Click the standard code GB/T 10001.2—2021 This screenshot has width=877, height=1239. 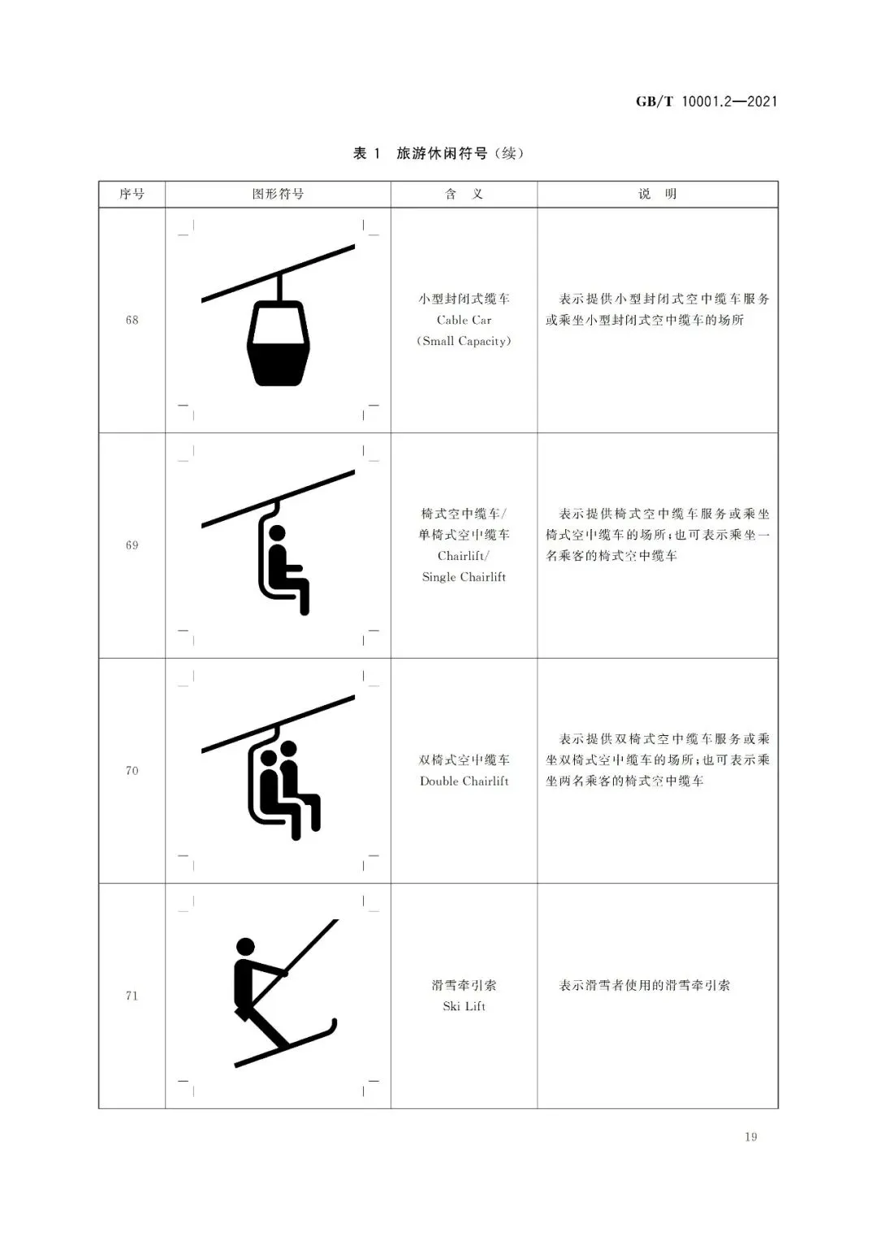click(x=706, y=101)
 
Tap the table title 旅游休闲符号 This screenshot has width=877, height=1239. click(x=442, y=153)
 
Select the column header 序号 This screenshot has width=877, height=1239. click(x=132, y=194)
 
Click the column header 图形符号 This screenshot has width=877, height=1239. click(x=278, y=194)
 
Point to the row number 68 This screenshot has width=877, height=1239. click(x=132, y=321)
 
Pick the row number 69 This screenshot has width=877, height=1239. click(x=132, y=545)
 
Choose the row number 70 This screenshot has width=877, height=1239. click(x=132, y=771)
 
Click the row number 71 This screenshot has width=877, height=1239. click(x=132, y=996)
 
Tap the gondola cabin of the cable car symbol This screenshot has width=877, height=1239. click(x=278, y=343)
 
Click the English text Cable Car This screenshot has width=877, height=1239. click(x=464, y=321)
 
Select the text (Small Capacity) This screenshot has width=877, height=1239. click(x=464, y=342)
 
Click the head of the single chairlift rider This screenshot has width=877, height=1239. click(x=277, y=532)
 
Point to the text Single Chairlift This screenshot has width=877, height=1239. click(x=464, y=577)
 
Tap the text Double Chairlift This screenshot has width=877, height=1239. click(x=464, y=781)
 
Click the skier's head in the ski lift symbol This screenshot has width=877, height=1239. click(x=245, y=946)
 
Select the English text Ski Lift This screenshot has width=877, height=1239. click(x=464, y=1006)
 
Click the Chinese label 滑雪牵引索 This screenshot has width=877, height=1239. click(x=464, y=985)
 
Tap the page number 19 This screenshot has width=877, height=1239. click(x=751, y=1137)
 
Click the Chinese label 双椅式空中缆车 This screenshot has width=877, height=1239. click(x=464, y=760)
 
